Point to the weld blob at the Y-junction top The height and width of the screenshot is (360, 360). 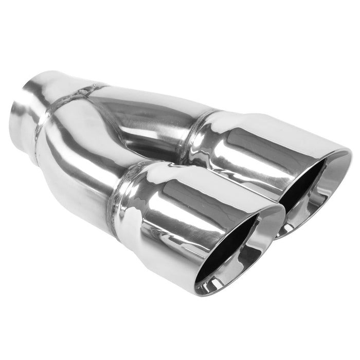click(x=82, y=93)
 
